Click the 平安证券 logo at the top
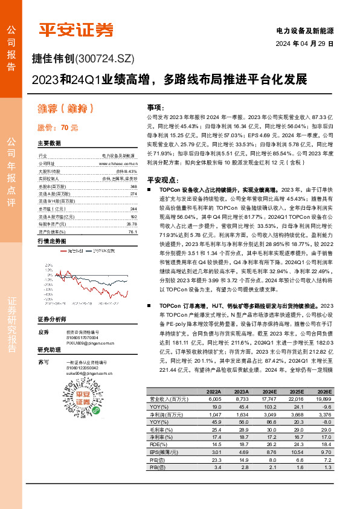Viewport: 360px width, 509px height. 76,30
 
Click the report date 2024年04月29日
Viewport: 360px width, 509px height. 304,44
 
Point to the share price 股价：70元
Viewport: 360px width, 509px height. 59,128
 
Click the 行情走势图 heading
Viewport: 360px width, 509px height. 52,241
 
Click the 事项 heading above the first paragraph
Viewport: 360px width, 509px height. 155,105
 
